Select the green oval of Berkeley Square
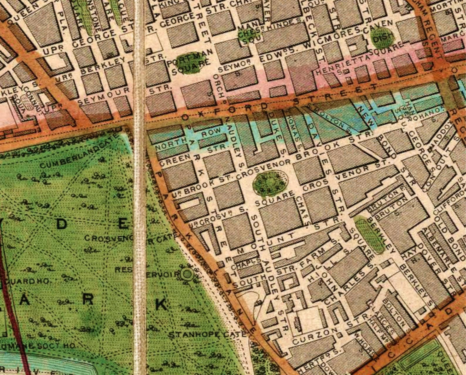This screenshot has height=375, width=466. coord(369,235)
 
